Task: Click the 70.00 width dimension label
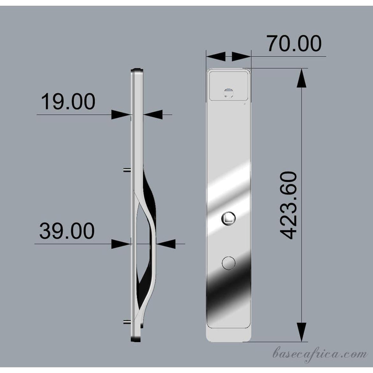(x=294, y=43)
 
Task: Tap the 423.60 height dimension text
(x=290, y=205)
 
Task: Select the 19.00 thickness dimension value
(x=68, y=102)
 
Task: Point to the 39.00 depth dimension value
(x=67, y=231)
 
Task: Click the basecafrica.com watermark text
(x=320, y=354)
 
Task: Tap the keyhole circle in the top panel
(x=229, y=93)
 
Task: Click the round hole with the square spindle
(x=229, y=219)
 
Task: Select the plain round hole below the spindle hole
(x=229, y=263)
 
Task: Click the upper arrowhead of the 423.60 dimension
(x=301, y=78)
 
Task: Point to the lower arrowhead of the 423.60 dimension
(x=301, y=332)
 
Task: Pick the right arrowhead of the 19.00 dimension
(x=153, y=115)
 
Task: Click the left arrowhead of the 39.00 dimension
(x=121, y=244)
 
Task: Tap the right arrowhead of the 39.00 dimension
(x=166, y=244)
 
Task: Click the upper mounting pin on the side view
(x=127, y=170)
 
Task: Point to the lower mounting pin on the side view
(x=127, y=322)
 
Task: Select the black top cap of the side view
(x=137, y=70)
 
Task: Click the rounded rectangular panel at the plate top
(x=229, y=86)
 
